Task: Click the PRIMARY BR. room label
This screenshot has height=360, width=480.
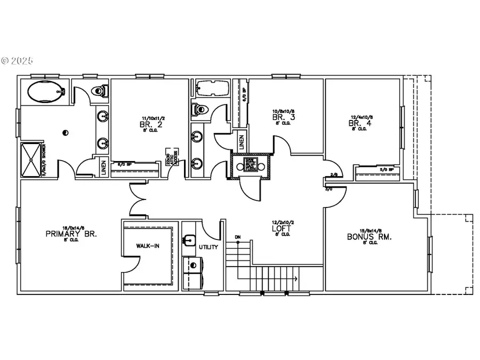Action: (x=79, y=234)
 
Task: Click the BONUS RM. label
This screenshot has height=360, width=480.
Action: (x=369, y=236)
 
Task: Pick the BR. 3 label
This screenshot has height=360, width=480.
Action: (x=282, y=117)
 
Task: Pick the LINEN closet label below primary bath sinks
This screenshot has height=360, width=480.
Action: (x=103, y=167)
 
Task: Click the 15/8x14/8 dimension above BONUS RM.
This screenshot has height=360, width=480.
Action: (x=369, y=229)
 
